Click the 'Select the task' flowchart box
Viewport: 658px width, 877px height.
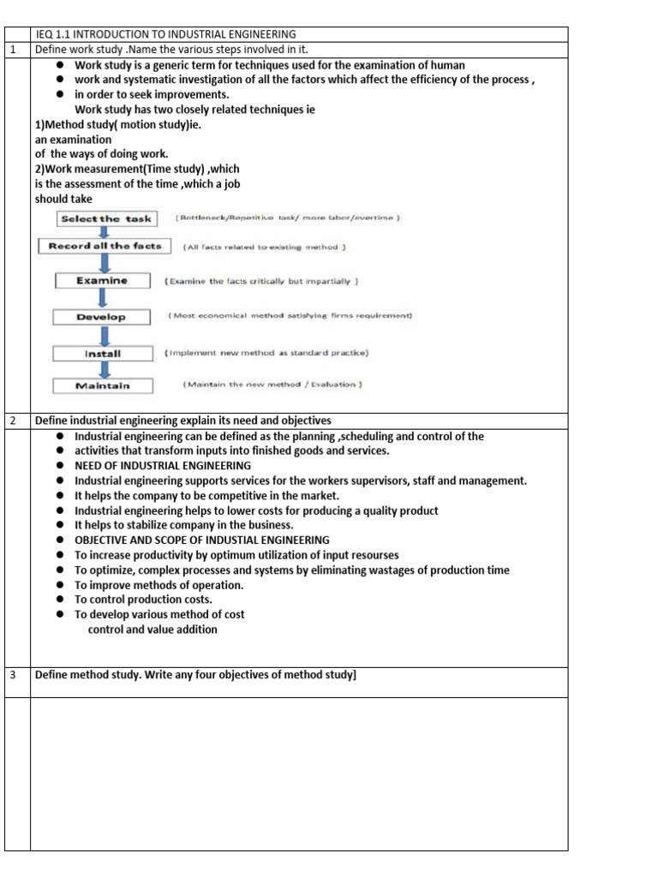tap(105, 218)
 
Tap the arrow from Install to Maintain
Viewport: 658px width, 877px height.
tap(104, 370)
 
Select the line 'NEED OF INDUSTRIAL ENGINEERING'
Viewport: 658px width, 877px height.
tap(163, 466)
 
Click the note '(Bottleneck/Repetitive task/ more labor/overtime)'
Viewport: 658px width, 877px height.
tap(289, 218)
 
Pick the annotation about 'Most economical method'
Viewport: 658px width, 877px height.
tap(290, 317)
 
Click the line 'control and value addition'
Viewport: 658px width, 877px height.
tap(153, 629)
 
